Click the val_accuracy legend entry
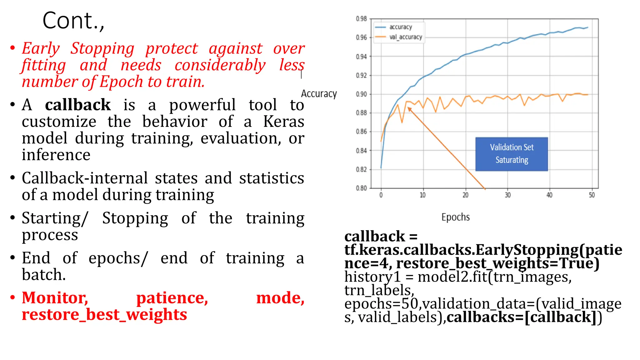[x=405, y=37]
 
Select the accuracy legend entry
[x=400, y=27]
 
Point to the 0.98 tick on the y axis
[x=361, y=19]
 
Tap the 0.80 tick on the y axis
[x=361, y=188]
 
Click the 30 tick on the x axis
[x=507, y=195]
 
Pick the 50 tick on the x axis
[x=592, y=195]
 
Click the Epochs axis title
[x=455, y=217]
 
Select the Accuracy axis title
[x=319, y=94]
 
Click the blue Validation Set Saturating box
[x=512, y=154]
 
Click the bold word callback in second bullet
[x=78, y=105]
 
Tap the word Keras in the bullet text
[x=283, y=122]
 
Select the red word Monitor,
[x=55, y=298]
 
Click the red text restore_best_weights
[x=104, y=314]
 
